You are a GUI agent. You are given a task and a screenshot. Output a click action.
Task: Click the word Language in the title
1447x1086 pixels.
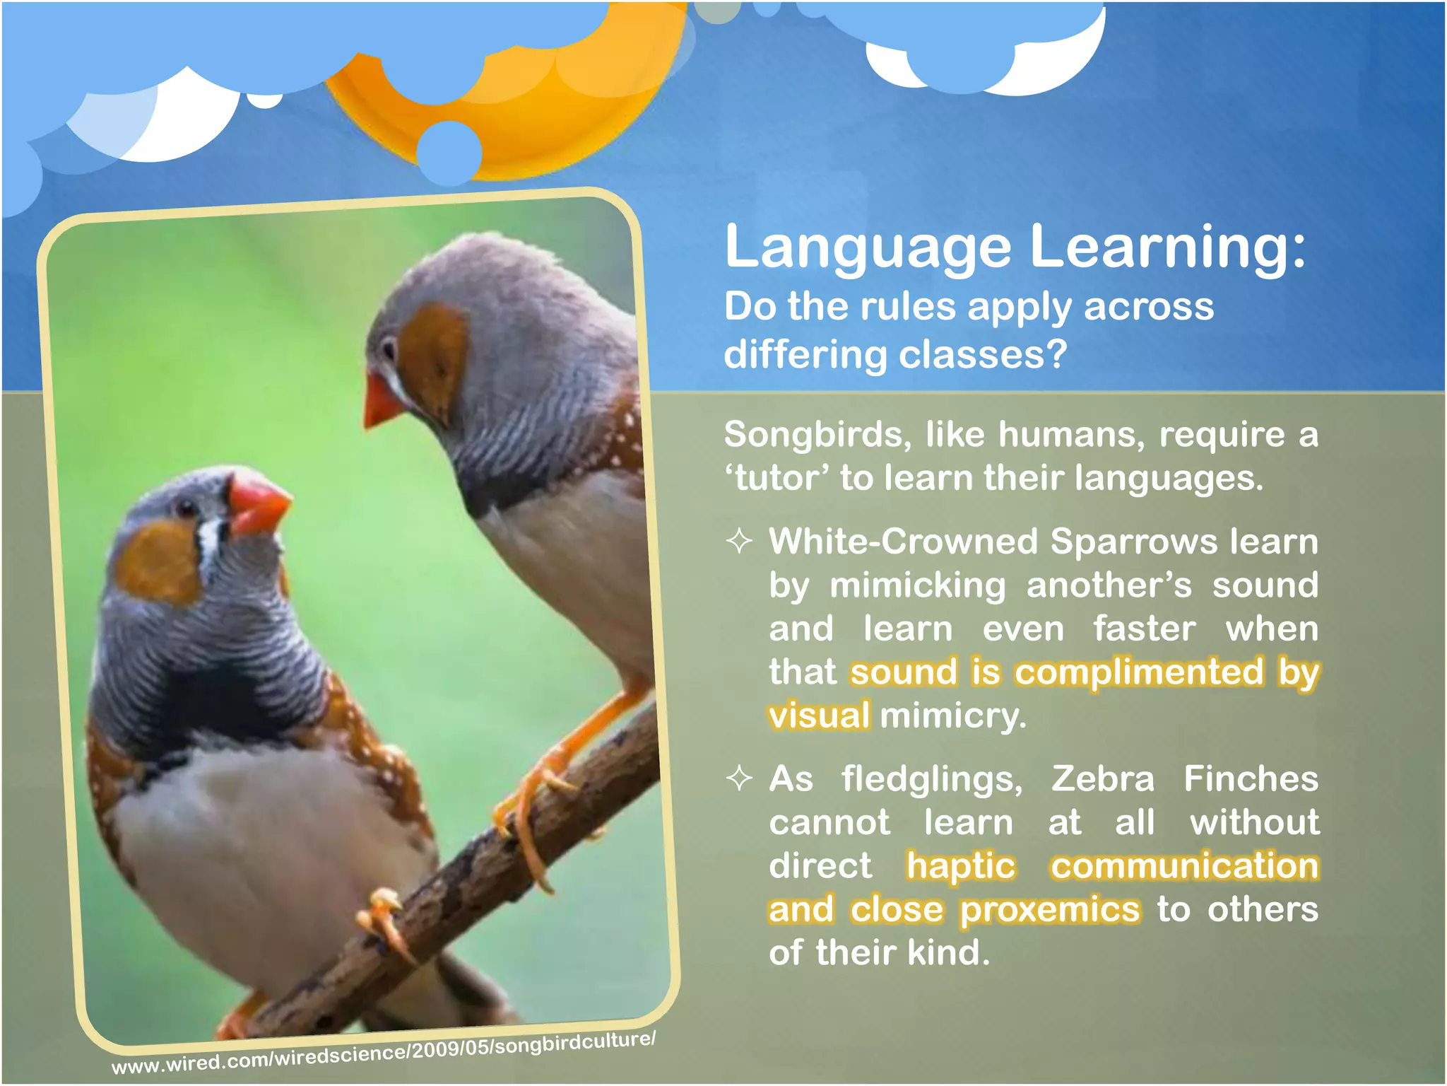pyautogui.click(x=868, y=247)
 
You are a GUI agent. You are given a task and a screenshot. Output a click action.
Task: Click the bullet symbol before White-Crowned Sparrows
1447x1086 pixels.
pyautogui.click(x=739, y=542)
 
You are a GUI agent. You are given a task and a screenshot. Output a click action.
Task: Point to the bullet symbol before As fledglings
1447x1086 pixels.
pyautogui.click(x=739, y=778)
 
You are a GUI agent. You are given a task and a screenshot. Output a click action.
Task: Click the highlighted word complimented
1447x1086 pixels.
pyautogui.click(x=1139, y=672)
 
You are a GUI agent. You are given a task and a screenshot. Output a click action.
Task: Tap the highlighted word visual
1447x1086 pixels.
pyautogui.click(x=820, y=716)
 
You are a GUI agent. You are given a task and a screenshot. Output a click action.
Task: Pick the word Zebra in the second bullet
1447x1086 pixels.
pyautogui.click(x=1102, y=778)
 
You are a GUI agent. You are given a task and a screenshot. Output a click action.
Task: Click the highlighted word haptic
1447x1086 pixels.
pyautogui.click(x=961, y=866)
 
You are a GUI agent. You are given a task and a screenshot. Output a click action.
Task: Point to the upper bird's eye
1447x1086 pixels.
pyautogui.click(x=389, y=349)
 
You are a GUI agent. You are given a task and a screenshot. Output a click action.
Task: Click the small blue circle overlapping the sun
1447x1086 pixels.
pyautogui.click(x=449, y=152)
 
